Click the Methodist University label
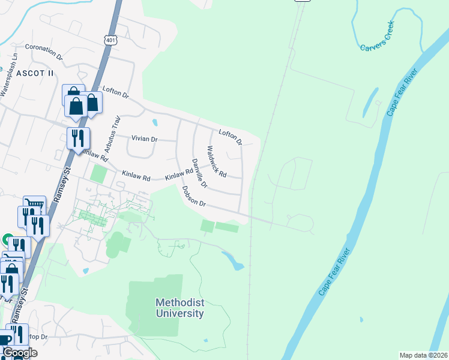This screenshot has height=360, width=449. coord(179,308)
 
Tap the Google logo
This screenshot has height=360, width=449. coord(20,353)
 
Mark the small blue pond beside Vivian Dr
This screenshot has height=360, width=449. coord(155,123)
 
